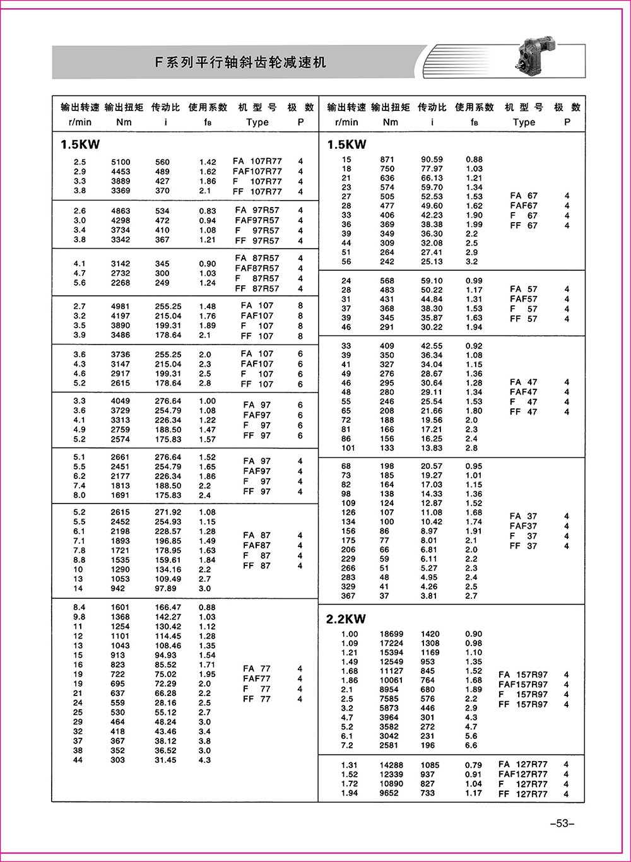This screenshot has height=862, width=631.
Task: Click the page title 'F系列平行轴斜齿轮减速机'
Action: tap(240, 62)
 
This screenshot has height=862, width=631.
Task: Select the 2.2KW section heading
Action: tap(346, 619)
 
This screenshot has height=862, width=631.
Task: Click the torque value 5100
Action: tap(121, 162)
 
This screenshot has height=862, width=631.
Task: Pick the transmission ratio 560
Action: tap(162, 162)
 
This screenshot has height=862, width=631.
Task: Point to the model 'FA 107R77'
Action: tap(257, 162)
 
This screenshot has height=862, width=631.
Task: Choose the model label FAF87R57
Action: tap(257, 268)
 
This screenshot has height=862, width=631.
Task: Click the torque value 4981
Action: tap(121, 307)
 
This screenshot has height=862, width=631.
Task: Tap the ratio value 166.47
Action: tap(168, 608)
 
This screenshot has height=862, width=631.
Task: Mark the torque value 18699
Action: tap(391, 634)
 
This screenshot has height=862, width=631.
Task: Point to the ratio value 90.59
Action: tap(432, 160)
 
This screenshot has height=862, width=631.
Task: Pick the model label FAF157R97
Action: tap(523, 684)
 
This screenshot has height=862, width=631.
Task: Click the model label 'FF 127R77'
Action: tap(523, 794)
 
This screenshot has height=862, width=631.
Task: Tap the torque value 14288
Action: tap(391, 765)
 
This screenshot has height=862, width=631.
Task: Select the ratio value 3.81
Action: tap(428, 596)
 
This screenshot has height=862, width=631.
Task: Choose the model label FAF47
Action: tap(524, 392)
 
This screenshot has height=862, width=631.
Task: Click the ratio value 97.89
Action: tap(168, 589)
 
